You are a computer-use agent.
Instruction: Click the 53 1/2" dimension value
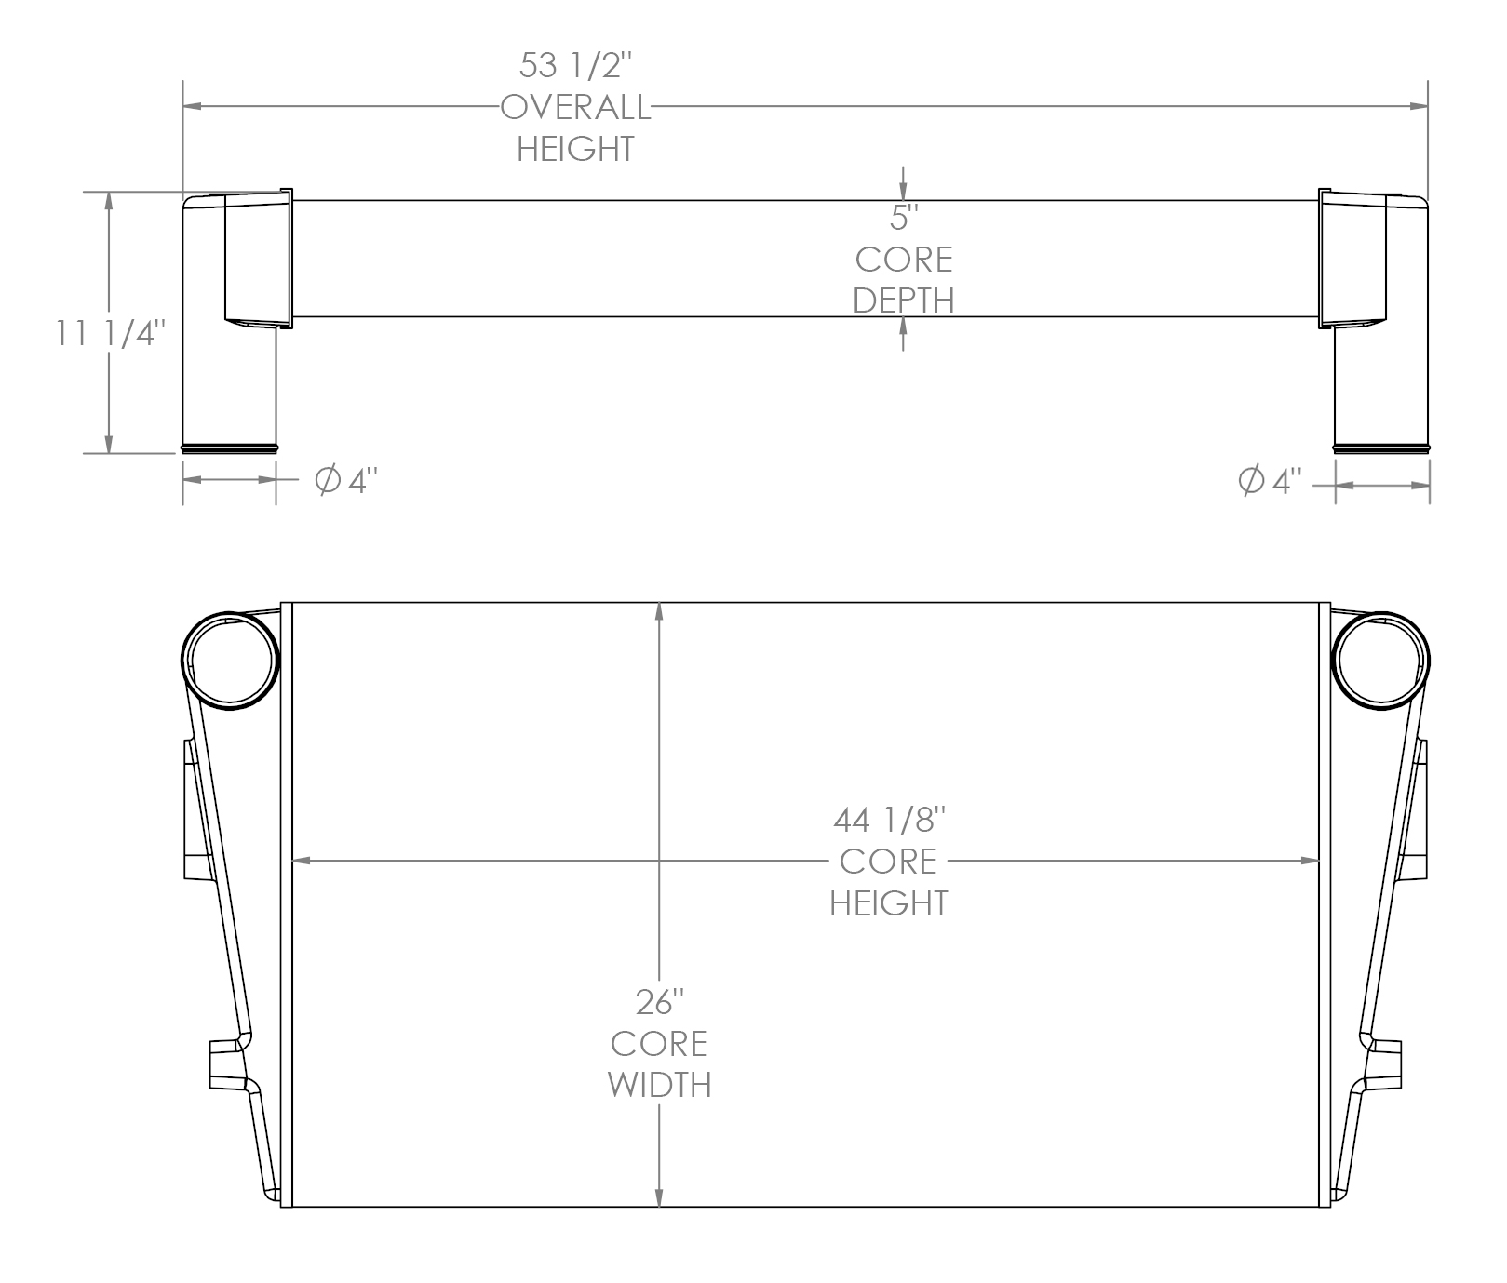tap(575, 66)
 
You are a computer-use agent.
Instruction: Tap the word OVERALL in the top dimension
tap(575, 108)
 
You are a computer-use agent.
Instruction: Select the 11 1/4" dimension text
tap(111, 333)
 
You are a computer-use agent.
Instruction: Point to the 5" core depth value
tap(903, 218)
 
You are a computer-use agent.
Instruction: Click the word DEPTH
tap(903, 301)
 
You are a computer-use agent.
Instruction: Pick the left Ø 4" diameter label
tap(346, 481)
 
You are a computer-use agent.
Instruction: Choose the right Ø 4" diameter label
tap(1269, 481)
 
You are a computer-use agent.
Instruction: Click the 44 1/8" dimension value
tap(889, 820)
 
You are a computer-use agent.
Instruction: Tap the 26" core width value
tap(660, 1002)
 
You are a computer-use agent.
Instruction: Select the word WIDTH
tap(660, 1085)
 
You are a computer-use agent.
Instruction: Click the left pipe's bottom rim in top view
tap(229, 450)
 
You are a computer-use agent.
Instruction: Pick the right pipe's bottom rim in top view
tap(1381, 450)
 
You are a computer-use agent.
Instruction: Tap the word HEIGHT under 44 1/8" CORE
tap(889, 902)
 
